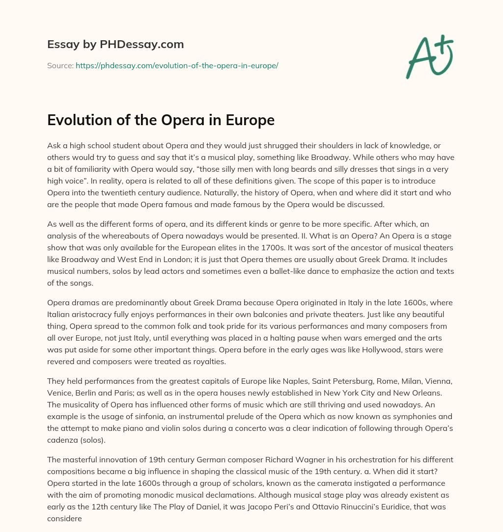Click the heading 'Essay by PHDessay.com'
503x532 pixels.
click(115, 45)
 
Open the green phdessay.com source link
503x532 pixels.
click(177, 65)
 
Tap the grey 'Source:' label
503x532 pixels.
click(60, 65)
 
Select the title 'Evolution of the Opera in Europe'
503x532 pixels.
click(161, 120)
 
